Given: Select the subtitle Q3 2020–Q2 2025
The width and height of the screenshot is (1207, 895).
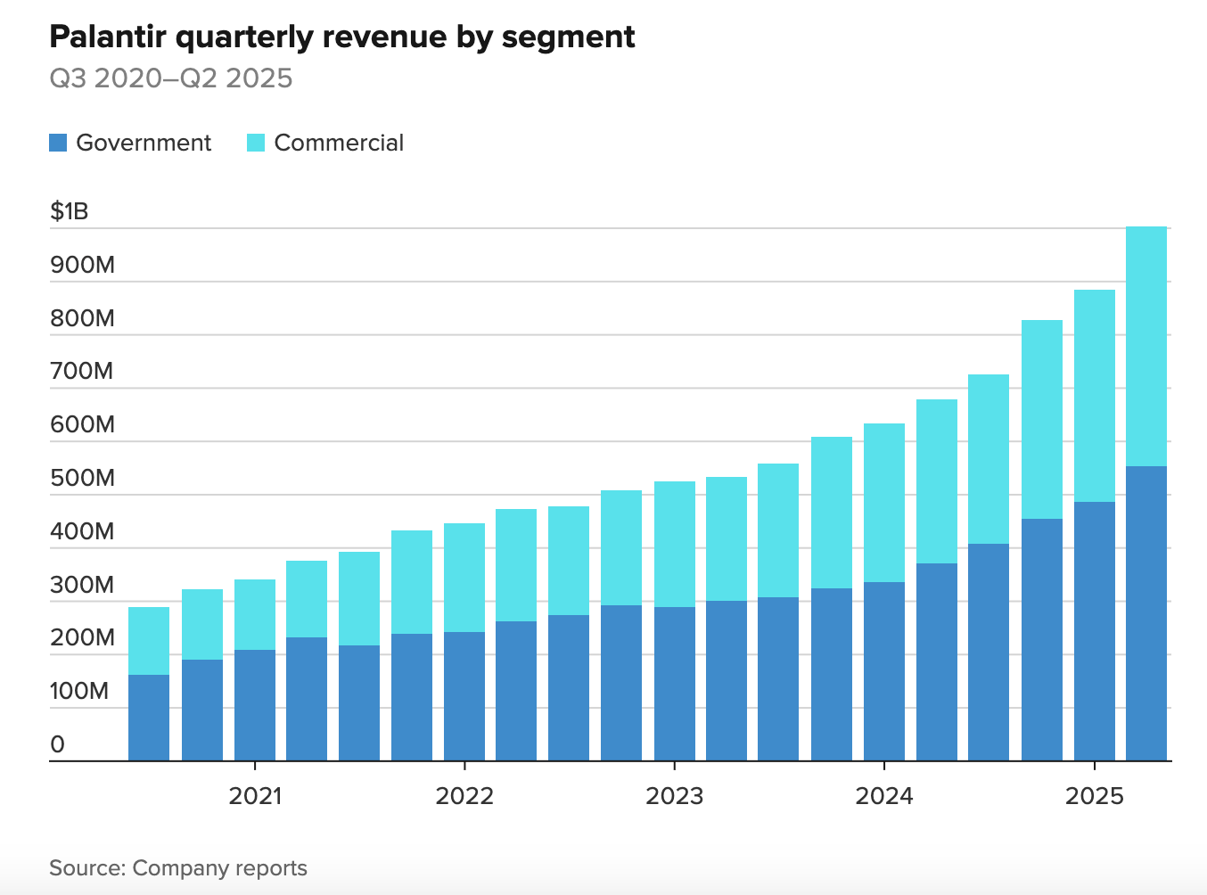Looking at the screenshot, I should [170, 78].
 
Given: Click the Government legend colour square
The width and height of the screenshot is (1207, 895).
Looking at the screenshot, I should [58, 143].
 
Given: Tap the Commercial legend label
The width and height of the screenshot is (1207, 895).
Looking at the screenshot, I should [339, 143].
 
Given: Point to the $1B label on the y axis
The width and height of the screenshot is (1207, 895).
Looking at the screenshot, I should [70, 211].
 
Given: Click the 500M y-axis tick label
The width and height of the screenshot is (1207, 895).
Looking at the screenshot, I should [82, 478].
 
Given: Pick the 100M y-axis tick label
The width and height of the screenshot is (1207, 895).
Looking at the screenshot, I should [79, 691].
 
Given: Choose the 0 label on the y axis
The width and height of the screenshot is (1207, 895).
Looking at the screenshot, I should [58, 744].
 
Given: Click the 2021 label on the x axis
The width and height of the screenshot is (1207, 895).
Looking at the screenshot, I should [255, 796].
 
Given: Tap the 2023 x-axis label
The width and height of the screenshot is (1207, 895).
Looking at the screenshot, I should [674, 796].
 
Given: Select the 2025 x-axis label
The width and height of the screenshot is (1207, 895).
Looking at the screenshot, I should [1094, 796].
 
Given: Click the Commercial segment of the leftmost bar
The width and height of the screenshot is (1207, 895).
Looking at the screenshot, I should [149, 641].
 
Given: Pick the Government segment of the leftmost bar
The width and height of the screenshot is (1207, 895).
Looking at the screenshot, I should [149, 718].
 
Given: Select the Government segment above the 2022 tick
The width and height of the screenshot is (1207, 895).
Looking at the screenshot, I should [464, 696].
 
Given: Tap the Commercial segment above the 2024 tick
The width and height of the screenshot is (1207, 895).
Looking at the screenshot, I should [884, 503].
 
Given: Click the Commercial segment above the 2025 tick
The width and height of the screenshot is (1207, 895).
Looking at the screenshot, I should [1094, 396].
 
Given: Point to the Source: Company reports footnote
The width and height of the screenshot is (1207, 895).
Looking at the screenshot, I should [178, 868].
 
